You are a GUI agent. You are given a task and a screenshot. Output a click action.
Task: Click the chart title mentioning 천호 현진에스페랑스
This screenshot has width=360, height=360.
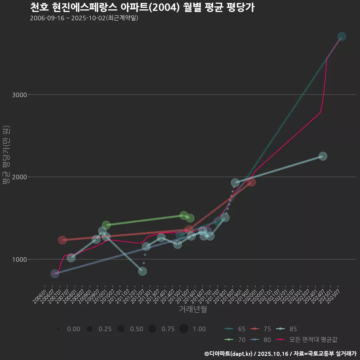coord(142,7)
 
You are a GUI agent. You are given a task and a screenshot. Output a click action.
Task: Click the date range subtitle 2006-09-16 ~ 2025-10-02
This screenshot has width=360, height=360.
coord(84,18)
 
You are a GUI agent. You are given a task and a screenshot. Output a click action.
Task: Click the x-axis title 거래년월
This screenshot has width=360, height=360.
coord(193,309)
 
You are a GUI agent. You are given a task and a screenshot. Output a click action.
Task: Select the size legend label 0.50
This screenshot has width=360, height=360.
coord(136,329)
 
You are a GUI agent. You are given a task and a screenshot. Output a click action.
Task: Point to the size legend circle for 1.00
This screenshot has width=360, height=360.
coord(183,329)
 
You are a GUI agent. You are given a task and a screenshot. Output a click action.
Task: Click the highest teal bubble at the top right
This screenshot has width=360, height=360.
coord(342,36)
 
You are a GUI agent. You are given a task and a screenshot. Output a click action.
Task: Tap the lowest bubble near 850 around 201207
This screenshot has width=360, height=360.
coord(142,271)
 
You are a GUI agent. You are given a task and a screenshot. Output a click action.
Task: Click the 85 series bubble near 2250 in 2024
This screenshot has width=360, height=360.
coord(322,156)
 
